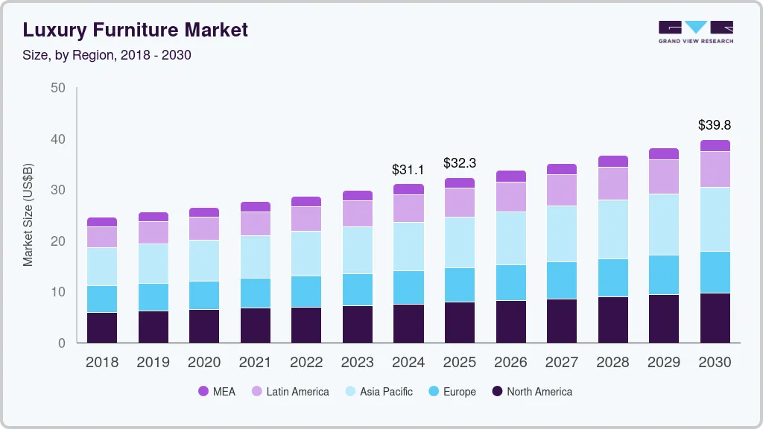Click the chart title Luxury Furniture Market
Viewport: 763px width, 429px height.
135,30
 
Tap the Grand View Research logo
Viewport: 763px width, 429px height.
695,31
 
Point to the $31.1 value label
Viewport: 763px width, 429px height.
408,170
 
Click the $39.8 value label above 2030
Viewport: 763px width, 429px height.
714,125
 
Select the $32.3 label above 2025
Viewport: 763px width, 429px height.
459,162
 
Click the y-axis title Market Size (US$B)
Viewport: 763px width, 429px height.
28,215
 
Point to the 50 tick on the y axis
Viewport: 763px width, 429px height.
57,88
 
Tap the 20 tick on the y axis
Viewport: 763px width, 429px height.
57,241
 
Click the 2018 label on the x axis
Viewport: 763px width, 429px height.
101,363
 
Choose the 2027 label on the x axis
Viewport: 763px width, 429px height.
561,363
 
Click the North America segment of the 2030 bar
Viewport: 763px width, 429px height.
715,318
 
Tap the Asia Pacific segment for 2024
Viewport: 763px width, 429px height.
408,247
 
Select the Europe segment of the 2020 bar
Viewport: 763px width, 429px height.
204,295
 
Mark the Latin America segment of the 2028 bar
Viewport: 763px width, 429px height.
612,183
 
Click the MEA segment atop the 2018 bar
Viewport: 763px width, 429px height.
102,222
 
